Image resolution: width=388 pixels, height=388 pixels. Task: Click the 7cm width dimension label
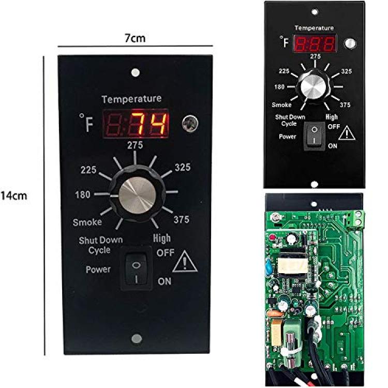pos(135,38)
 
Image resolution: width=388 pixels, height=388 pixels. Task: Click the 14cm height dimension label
pos(14,196)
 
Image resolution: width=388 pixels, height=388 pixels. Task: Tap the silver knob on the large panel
pos(137,195)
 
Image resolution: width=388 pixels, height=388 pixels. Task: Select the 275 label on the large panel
pos(135,145)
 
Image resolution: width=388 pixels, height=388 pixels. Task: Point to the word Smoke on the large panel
pos(87,222)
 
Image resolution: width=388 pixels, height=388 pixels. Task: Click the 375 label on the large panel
pos(182,219)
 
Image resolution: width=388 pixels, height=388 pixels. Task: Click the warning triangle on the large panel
pos(185,262)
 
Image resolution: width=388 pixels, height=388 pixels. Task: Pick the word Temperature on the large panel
pos(131,99)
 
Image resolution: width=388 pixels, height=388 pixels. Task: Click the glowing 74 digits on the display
pos(150,124)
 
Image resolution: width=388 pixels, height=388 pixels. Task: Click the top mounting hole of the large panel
pos(136,73)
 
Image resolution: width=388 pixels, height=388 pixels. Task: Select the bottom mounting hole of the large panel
pos(137,338)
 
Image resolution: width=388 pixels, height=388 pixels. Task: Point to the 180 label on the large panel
pos(83,195)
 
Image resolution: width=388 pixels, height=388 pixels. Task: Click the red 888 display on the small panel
pos(315,44)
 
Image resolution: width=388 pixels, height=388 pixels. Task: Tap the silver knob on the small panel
pos(314,86)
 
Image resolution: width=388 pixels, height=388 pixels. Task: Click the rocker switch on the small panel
pos(314,136)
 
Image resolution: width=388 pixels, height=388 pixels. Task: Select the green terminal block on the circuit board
pos(357,219)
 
